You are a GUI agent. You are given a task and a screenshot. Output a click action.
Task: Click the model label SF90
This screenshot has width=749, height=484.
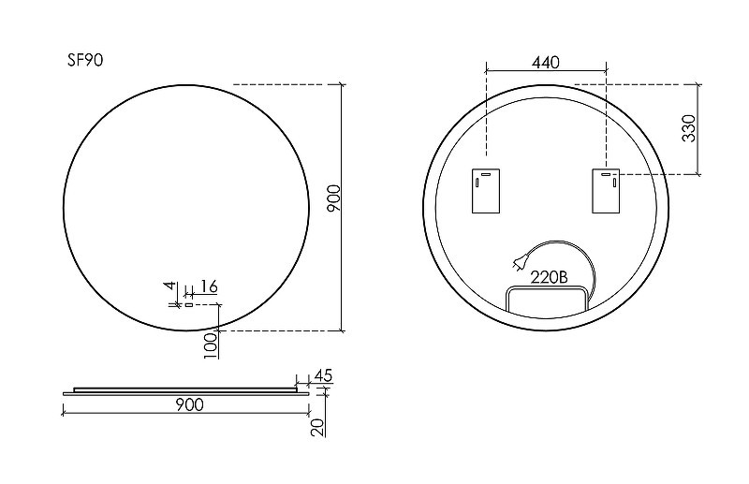click(85, 60)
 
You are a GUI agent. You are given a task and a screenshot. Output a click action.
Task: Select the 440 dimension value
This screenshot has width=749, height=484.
click(546, 62)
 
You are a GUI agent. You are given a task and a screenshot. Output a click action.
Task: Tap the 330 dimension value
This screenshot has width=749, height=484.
click(689, 128)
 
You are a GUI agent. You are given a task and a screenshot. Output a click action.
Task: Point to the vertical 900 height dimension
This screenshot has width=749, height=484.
click(334, 198)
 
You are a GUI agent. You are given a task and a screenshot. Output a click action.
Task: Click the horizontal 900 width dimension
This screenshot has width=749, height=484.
click(190, 404)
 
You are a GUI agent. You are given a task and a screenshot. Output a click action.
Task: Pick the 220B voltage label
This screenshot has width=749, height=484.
click(550, 277)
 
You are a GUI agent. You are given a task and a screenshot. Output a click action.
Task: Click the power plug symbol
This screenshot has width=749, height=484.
click(520, 264)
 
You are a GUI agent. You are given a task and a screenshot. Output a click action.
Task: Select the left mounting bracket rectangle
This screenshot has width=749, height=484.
click(486, 191)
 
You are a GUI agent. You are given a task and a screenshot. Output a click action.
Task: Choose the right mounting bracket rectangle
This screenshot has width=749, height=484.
click(606, 191)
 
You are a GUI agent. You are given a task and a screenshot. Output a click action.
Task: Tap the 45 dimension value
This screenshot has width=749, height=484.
click(323, 375)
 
